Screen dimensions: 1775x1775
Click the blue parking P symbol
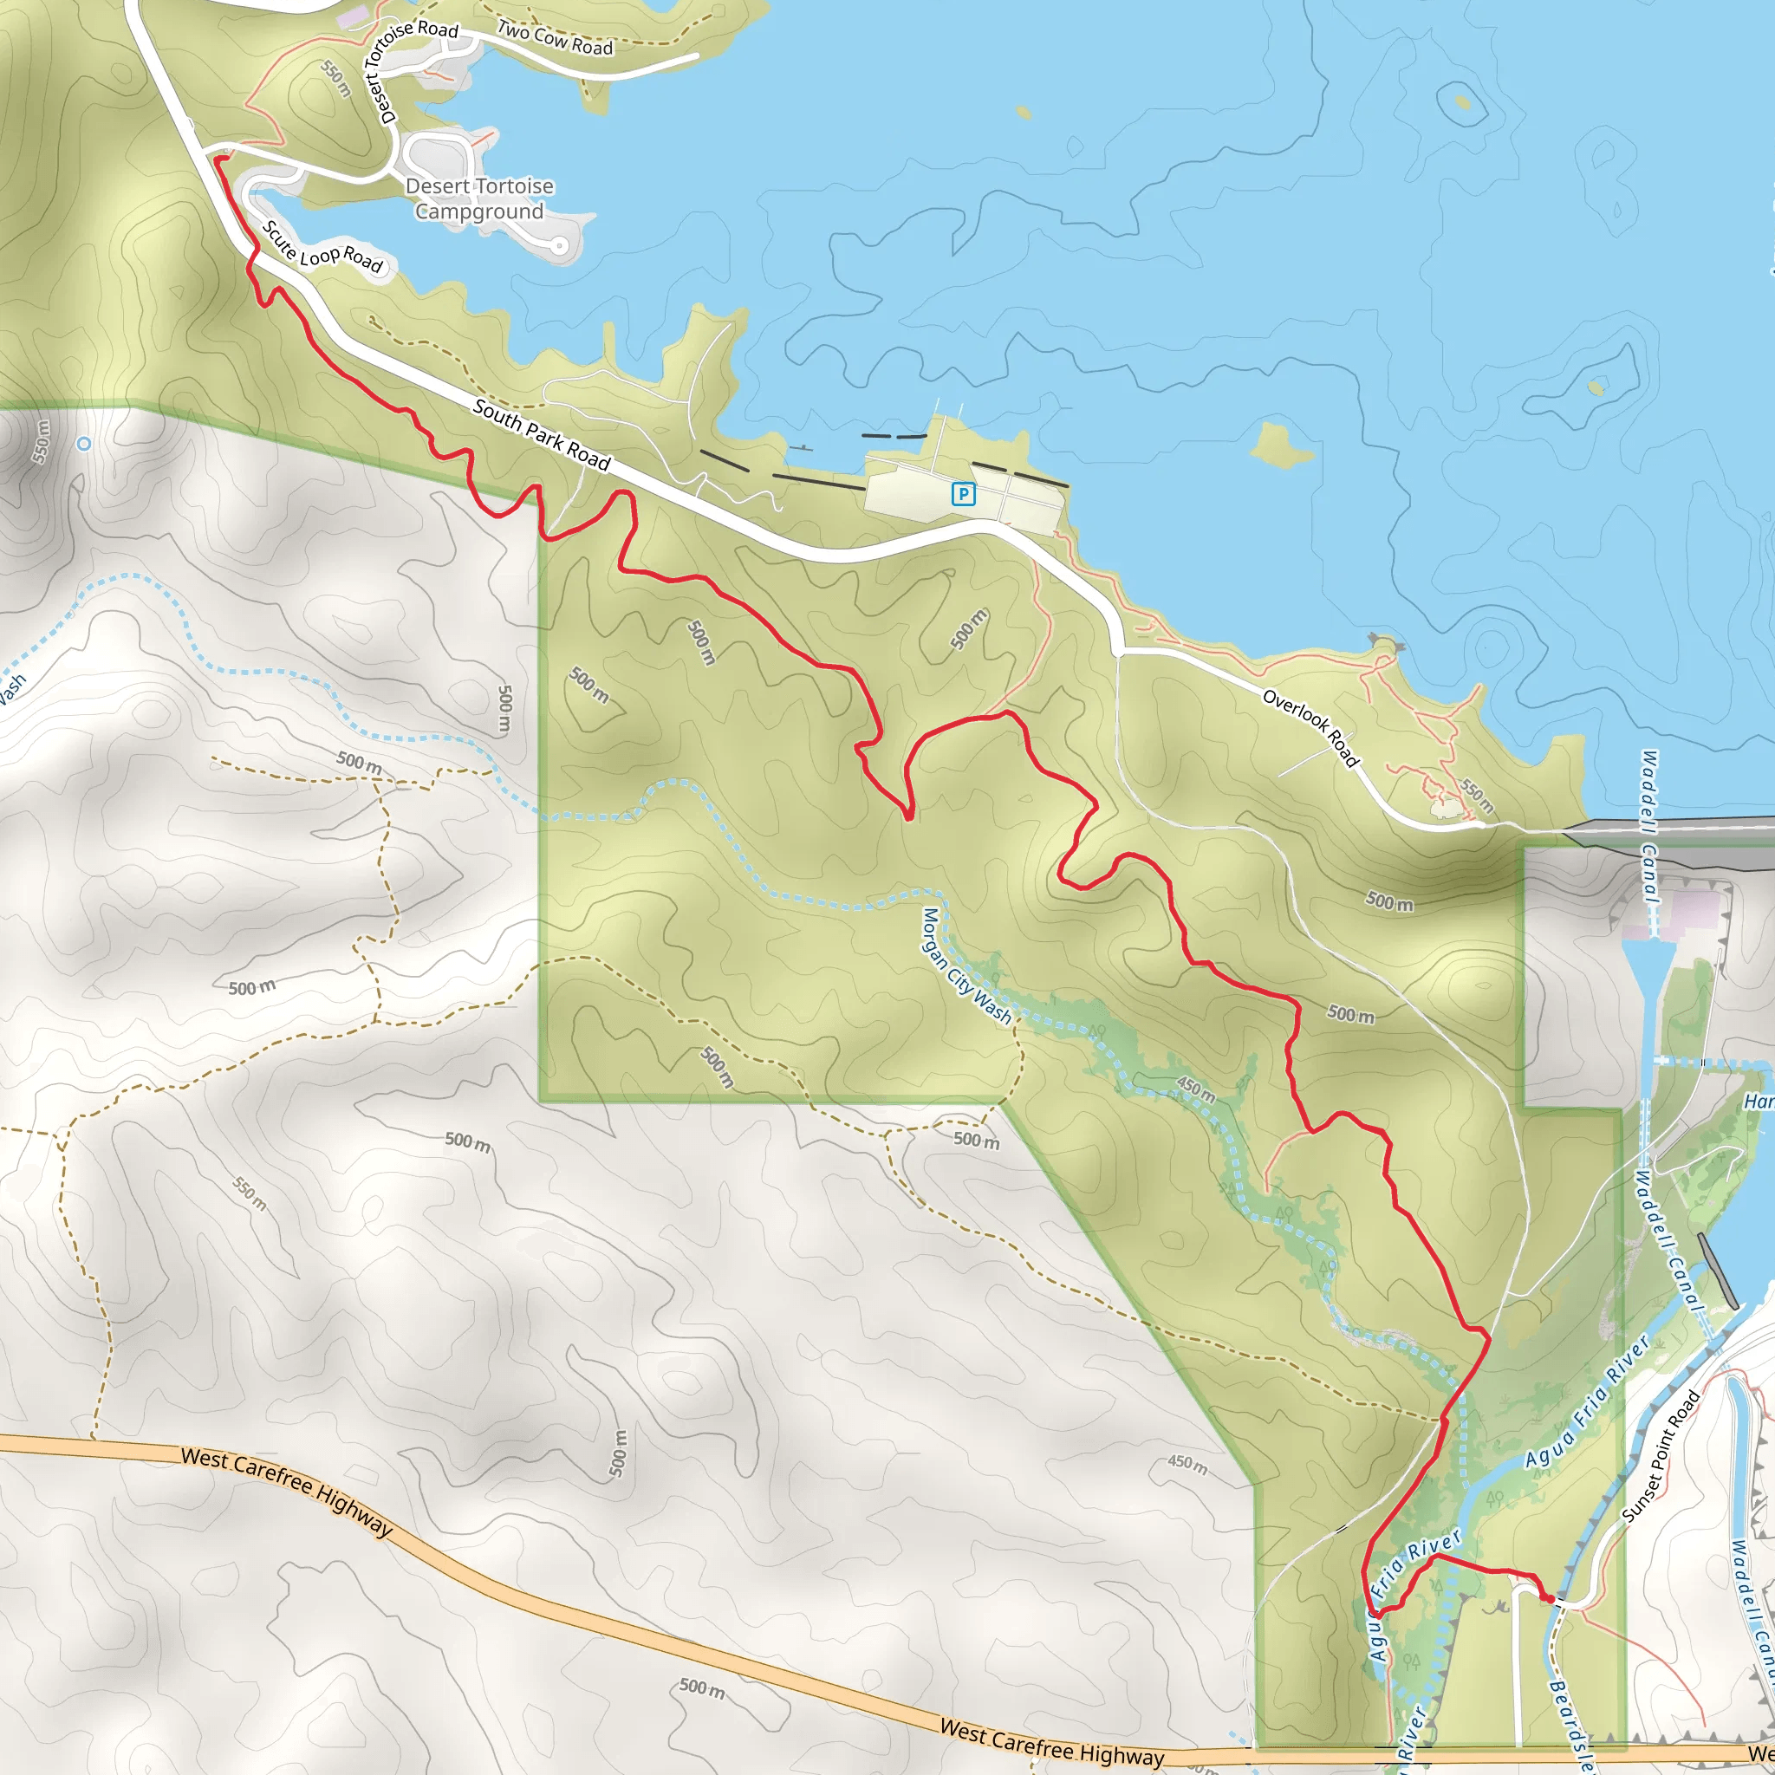[963, 494]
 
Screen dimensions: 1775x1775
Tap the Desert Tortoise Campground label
[478, 198]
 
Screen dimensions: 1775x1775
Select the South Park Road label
[541, 434]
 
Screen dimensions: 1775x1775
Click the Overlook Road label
[1311, 726]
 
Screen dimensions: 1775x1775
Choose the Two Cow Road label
[555, 37]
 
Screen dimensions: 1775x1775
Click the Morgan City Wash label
[966, 966]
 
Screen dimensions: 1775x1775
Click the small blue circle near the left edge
[83, 444]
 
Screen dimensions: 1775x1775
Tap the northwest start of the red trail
[218, 159]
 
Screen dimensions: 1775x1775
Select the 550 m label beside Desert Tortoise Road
[336, 78]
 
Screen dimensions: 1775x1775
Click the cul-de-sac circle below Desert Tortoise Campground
[559, 245]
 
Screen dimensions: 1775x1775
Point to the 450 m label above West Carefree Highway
[1188, 1465]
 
